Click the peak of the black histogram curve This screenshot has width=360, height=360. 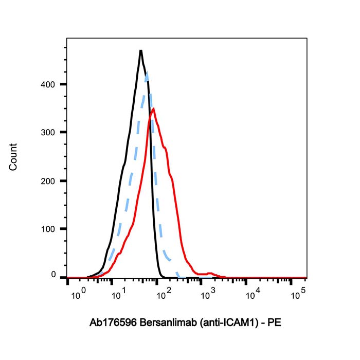pos(140,50)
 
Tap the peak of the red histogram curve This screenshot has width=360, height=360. pos(153,109)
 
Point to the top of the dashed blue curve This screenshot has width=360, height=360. pos(147,74)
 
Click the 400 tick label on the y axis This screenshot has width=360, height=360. pos(48,84)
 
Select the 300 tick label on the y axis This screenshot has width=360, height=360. pos(48,132)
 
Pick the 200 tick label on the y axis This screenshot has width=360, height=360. pos(48,181)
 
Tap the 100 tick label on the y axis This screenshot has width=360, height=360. pos(48,229)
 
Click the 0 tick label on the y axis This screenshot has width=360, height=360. pos(53,276)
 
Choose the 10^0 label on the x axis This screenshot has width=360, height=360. pos(77,295)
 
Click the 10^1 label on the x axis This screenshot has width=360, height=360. pos(119,295)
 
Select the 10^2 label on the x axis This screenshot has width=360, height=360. pos(164,295)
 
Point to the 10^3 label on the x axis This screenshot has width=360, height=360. pos(208,295)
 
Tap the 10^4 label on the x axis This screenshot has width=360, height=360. pos(252,295)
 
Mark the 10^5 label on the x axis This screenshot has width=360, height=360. pos(297,294)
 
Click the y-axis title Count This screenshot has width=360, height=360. pos(13,157)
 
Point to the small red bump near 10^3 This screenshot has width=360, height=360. pos(210,273)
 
